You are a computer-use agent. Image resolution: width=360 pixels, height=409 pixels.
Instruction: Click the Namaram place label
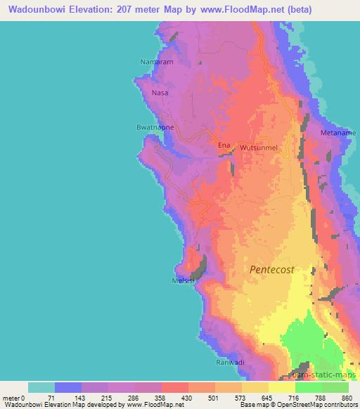[x=157, y=63]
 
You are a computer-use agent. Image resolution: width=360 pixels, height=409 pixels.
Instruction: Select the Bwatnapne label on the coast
[x=155, y=127]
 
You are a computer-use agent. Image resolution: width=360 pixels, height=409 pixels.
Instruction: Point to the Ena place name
[x=224, y=145]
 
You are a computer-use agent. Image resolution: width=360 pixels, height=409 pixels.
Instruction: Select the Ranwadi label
[x=229, y=363]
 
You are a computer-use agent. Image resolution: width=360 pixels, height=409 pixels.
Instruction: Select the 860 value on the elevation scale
[x=347, y=398]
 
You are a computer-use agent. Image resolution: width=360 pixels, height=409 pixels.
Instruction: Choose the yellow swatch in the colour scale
[x=255, y=387]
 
